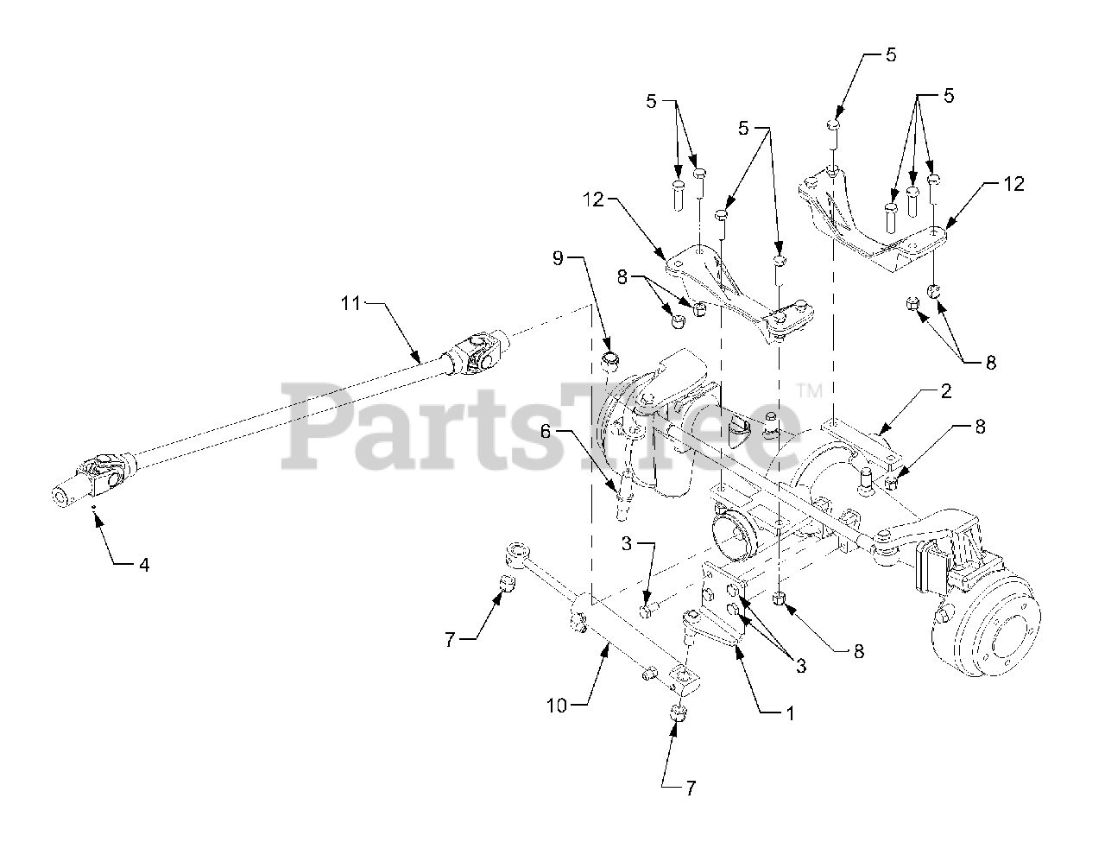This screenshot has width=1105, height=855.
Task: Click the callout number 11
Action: tap(349, 303)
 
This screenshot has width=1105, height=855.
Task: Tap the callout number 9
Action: tap(558, 256)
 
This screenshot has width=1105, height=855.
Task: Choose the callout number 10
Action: tap(557, 706)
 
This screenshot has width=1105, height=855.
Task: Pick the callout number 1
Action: tap(787, 714)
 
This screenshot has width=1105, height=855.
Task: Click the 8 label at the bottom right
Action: tap(858, 652)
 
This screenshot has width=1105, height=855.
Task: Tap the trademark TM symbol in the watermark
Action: tap(810, 391)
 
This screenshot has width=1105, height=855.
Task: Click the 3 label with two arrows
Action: tap(801, 665)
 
